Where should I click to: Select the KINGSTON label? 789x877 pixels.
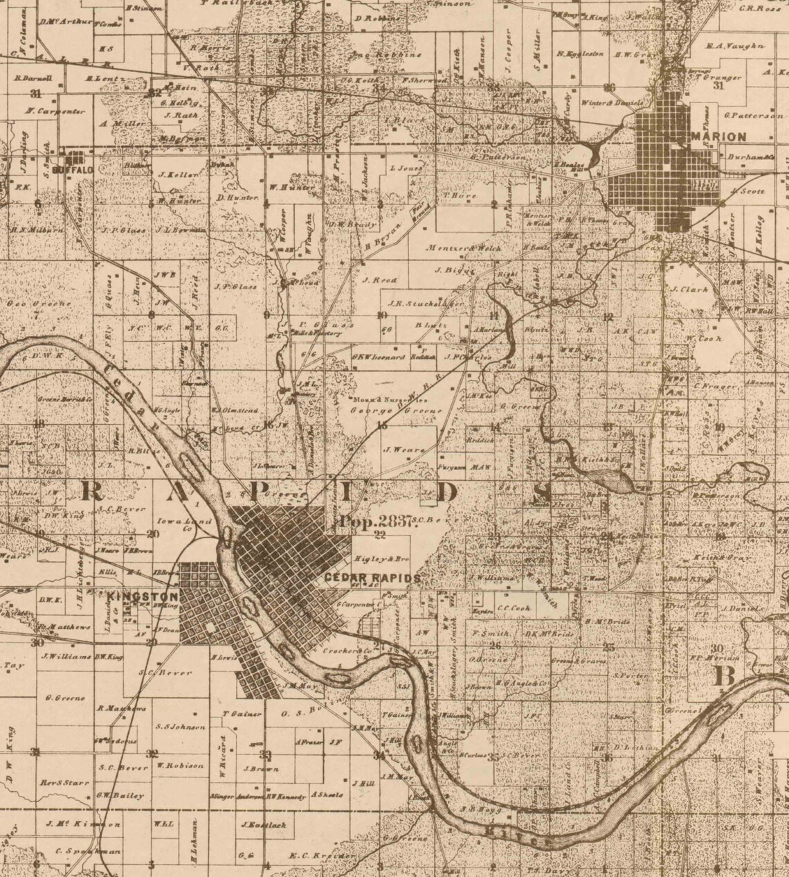coord(143,596)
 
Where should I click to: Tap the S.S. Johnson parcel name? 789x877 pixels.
coord(181,727)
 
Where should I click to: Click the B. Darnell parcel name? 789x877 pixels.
coord(29,78)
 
